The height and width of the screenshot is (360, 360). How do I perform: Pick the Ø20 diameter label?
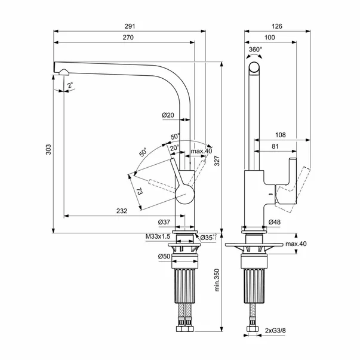click(168, 115)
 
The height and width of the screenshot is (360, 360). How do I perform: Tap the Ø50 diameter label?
click(165, 256)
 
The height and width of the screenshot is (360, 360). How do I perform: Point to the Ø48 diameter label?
click(275, 222)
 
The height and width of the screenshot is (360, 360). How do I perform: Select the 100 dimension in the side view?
click(270, 38)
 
